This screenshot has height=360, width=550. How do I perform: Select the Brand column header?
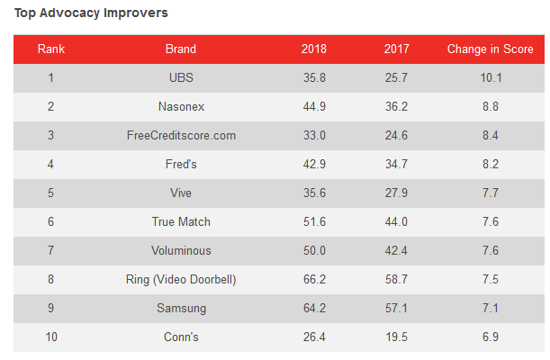tap(181, 49)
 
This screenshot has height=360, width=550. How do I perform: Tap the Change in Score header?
tap(491, 49)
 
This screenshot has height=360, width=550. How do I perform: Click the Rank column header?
tap(51, 49)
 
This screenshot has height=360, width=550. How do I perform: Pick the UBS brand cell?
tap(181, 77)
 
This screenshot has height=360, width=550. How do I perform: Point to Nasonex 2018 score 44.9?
tap(314, 106)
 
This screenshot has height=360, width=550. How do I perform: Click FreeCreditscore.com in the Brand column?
tap(181, 135)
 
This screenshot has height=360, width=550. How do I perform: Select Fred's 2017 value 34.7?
tap(396, 164)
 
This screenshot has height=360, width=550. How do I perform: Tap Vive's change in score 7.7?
tap(491, 193)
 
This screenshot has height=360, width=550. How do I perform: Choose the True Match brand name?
tap(181, 221)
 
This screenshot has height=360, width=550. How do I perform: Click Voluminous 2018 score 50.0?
tap(314, 250)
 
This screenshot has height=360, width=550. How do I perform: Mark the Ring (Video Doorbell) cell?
tap(181, 279)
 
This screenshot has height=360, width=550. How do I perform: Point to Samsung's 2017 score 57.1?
tap(396, 308)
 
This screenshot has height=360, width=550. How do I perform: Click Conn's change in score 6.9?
tap(491, 337)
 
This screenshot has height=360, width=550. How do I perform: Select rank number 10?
tap(51, 337)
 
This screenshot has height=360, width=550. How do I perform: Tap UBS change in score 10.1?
tap(491, 77)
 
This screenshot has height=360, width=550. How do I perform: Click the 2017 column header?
tap(396, 49)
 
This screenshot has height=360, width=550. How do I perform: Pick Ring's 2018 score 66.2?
tap(314, 279)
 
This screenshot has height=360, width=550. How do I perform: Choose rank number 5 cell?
tap(51, 193)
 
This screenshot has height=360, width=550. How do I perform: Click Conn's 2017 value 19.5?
tap(396, 337)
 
